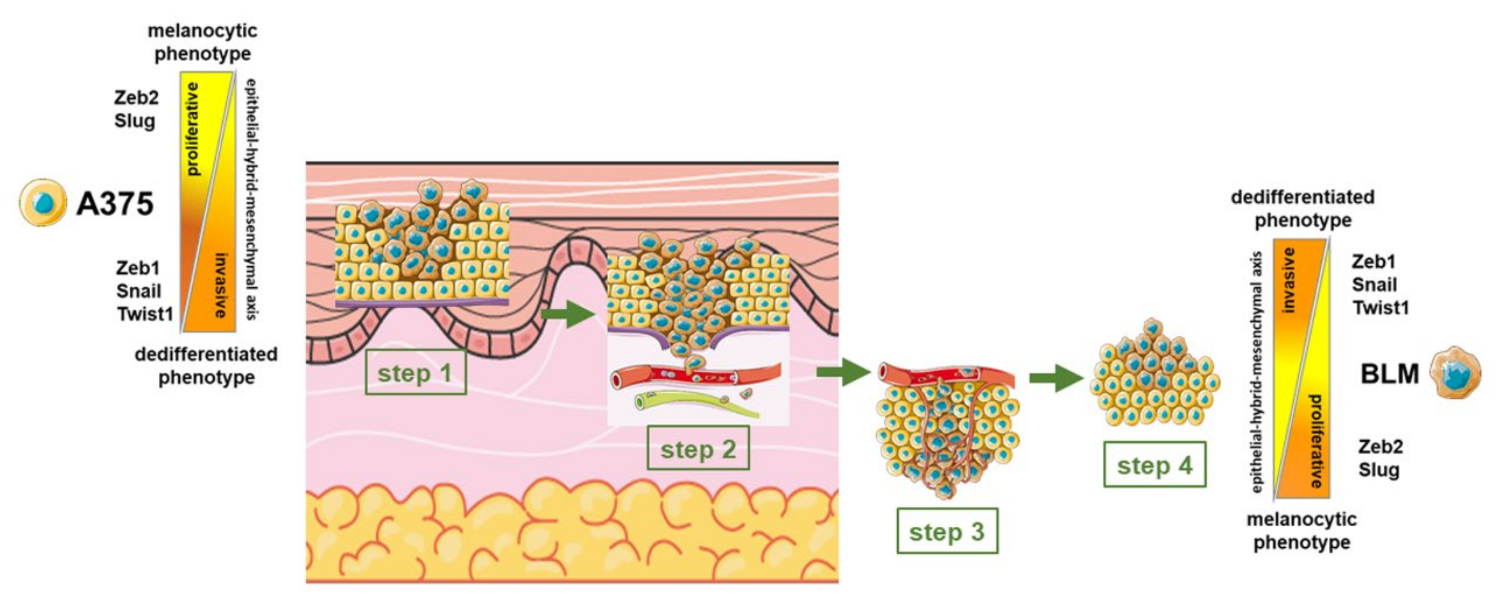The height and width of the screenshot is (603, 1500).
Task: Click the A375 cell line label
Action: coord(115,204)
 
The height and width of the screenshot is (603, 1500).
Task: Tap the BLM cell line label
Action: coord(1390,374)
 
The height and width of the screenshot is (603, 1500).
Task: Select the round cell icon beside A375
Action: coord(42,203)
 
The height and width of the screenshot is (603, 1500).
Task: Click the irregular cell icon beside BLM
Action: coord(1456,373)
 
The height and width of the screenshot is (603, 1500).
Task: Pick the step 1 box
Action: coord(415,373)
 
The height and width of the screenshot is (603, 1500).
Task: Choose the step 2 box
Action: coord(698,448)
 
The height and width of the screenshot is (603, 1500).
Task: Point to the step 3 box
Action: coord(947,531)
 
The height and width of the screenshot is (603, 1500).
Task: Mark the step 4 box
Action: coord(1154,465)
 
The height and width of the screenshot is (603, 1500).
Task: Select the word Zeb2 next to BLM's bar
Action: coord(1380,447)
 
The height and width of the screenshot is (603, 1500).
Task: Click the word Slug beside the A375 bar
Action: coord(134,121)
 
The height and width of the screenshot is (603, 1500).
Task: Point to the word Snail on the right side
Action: coord(1374,285)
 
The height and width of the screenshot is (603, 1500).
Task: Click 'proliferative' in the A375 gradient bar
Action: coord(192,129)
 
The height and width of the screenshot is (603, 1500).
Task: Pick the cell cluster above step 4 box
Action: coord(1154,376)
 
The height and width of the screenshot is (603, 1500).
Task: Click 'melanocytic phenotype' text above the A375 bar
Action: coord(202,42)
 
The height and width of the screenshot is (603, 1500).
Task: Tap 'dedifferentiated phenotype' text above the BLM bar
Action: coord(1302,209)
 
